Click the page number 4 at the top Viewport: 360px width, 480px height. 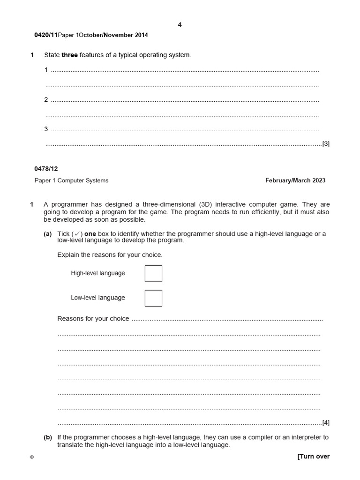point(180,25)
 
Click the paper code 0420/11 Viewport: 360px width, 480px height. point(46,35)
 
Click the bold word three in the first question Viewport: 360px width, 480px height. point(69,55)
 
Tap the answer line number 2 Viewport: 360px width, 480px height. point(46,99)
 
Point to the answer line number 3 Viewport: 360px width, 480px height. point(46,129)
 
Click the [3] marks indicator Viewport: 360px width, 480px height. point(326,144)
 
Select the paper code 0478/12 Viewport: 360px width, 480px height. point(46,169)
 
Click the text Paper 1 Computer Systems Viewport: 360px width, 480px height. point(71,180)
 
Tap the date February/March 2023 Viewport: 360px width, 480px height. point(295,180)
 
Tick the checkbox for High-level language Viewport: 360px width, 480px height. point(153,273)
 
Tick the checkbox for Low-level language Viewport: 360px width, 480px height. point(153,298)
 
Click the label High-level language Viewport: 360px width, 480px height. point(98,273)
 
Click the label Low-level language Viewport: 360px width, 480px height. point(98,298)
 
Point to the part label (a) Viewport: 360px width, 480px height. point(48,234)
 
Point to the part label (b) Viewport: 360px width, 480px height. point(48,437)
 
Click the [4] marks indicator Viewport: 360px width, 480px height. point(326,422)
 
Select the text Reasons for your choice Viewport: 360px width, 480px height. point(93,319)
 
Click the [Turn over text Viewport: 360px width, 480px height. point(313,457)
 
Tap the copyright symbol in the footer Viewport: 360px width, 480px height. point(32,457)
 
